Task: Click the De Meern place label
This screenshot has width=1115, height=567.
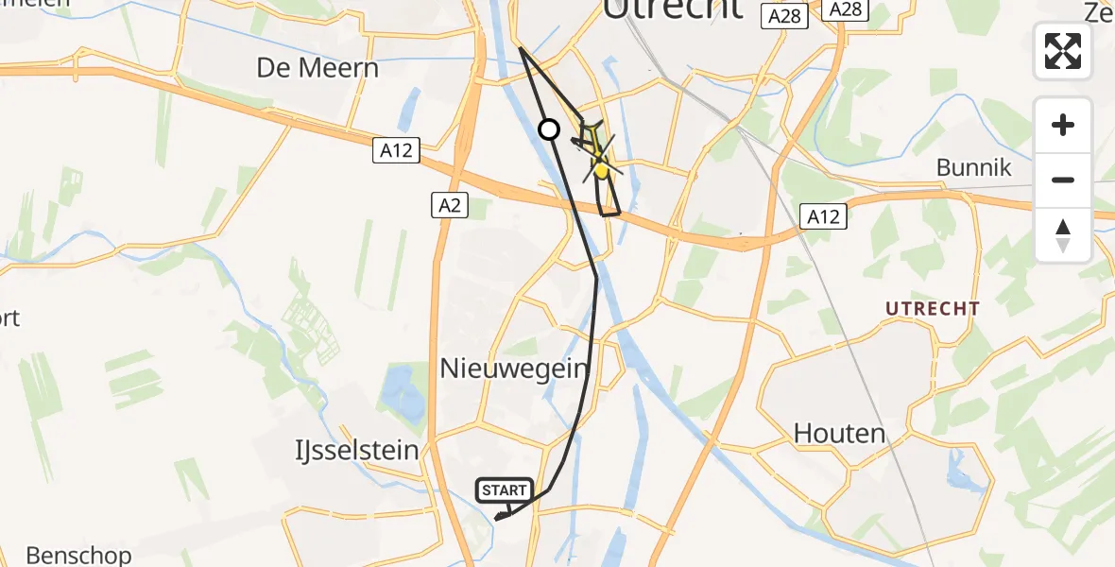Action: pyautogui.click(x=317, y=68)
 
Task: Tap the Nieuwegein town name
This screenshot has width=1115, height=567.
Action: pyautogui.click(x=515, y=369)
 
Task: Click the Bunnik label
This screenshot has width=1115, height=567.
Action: pyautogui.click(x=974, y=168)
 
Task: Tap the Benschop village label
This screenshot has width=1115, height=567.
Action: pyautogui.click(x=79, y=554)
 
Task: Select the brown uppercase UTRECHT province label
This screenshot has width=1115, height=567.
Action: pyautogui.click(x=933, y=309)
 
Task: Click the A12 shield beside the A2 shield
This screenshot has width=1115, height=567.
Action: pyautogui.click(x=396, y=150)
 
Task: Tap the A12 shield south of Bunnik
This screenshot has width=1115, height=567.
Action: pyautogui.click(x=822, y=215)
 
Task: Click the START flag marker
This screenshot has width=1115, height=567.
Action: pyautogui.click(x=505, y=490)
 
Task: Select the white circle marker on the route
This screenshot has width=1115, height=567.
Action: pyautogui.click(x=549, y=129)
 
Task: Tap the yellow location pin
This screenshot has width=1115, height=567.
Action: pyautogui.click(x=600, y=169)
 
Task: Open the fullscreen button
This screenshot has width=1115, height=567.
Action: pyautogui.click(x=1063, y=50)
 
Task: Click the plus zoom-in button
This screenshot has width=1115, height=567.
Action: pyautogui.click(x=1063, y=125)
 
